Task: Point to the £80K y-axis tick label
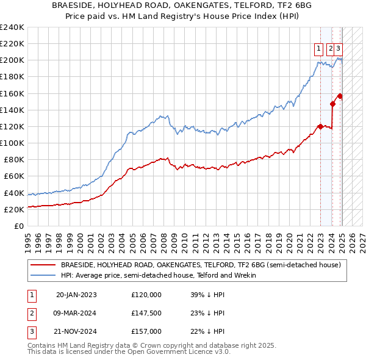[x=14, y=159]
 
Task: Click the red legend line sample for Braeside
[x=43, y=265]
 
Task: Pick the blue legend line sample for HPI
[x=43, y=275]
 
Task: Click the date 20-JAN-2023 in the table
[x=76, y=294]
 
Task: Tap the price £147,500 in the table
[x=146, y=312]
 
